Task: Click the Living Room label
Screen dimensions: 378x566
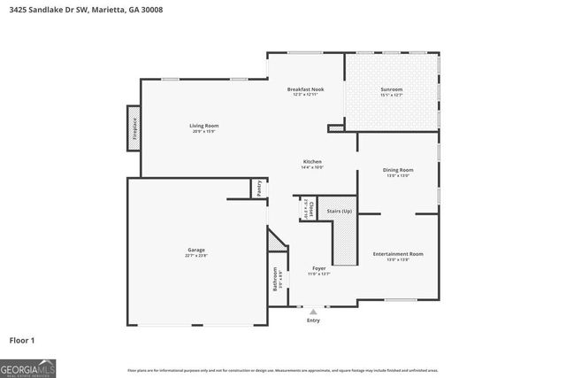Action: click(x=203, y=126)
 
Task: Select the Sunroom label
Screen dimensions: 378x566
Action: click(x=391, y=89)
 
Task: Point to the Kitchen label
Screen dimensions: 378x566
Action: click(x=312, y=161)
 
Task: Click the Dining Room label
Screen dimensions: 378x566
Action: click(x=397, y=170)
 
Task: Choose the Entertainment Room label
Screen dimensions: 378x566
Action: click(x=397, y=254)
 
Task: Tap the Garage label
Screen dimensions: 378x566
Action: click(x=195, y=250)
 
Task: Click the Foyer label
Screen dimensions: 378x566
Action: click(x=318, y=268)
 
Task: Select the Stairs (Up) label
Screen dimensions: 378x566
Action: click(x=340, y=212)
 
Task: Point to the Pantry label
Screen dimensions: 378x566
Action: click(x=259, y=188)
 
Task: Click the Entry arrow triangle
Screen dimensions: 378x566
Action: click(x=312, y=312)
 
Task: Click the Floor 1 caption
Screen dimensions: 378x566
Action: click(x=22, y=340)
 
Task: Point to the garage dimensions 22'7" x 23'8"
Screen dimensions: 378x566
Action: click(x=195, y=256)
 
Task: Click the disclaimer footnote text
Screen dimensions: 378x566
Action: click(x=282, y=370)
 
